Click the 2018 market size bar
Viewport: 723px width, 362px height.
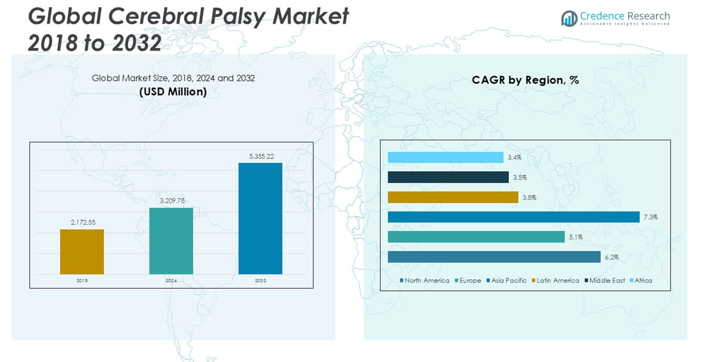(82, 252)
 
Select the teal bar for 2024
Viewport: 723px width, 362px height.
(171, 241)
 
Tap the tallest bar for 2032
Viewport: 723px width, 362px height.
(260, 218)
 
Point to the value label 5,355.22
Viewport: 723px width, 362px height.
(261, 156)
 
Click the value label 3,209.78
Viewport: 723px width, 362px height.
(172, 201)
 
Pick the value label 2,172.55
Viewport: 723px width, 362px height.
(83, 222)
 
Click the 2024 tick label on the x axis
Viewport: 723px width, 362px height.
(171, 281)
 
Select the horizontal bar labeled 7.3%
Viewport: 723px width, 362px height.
(514, 217)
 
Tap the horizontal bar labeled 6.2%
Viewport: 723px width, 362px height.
(494, 257)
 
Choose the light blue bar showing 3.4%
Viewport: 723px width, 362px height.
(445, 157)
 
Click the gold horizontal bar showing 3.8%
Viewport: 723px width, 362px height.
(453, 197)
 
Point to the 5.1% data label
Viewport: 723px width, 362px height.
(576, 237)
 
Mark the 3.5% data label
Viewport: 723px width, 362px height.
(520, 178)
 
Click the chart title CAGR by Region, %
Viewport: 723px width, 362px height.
(525, 80)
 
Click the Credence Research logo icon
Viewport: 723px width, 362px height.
(569, 18)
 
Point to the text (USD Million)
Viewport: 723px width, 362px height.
(173, 91)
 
